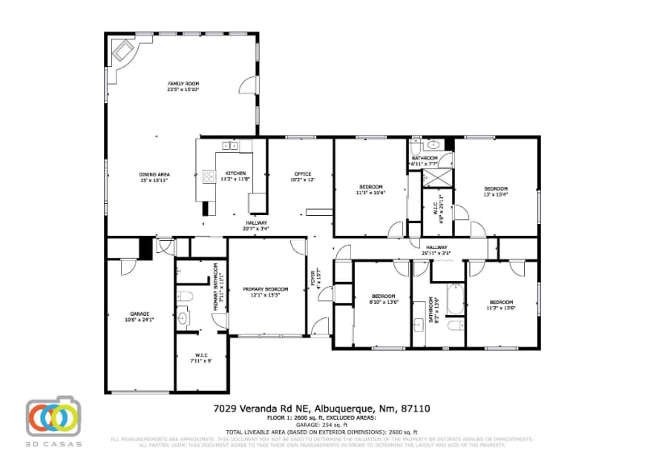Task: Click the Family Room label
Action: pos(183,87)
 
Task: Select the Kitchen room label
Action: pos(235,176)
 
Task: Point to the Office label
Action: pos(302,176)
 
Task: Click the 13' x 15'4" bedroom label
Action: pos(495,191)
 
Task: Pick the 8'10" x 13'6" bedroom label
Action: pos(384,298)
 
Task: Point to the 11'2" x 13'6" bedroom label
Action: pos(501,305)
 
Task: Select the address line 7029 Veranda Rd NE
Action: pos(322,408)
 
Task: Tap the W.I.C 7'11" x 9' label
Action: pos(202,358)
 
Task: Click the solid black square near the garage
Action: pos(146,248)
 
